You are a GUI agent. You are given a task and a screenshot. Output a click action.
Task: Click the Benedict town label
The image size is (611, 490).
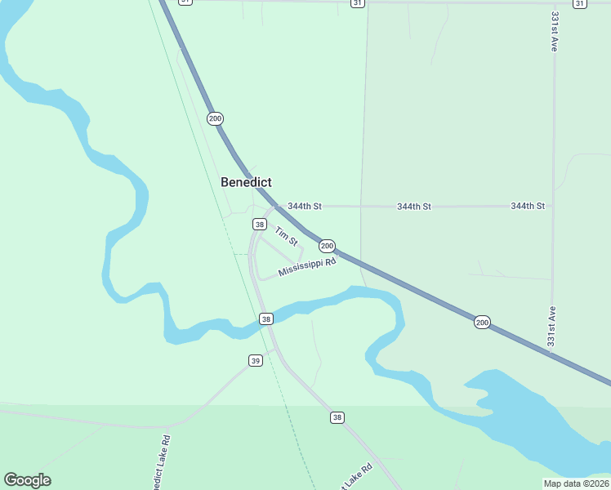pos(246,182)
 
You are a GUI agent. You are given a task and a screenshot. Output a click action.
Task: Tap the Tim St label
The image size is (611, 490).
pos(286,237)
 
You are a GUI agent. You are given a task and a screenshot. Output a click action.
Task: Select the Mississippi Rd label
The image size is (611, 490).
pos(307,267)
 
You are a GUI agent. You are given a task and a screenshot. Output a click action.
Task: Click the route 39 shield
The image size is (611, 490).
pos(256,360)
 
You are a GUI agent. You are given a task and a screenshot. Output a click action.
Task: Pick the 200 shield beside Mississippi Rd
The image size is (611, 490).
pos(327,246)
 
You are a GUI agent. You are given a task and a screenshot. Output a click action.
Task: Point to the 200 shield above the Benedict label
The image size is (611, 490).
pos(215,119)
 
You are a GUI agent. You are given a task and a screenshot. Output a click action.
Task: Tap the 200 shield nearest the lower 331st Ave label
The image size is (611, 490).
pos(482,323)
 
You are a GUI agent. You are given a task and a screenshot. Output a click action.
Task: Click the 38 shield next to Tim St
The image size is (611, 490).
pos(260,225)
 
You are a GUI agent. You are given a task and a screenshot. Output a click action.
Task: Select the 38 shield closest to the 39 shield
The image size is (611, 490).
pos(266,318)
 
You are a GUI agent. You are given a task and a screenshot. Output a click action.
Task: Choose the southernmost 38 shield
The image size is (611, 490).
pos(337,417)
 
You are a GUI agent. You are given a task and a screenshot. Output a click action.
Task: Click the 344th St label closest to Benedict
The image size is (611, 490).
pos(305,207)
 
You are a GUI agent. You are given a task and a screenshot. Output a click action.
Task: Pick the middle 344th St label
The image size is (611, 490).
pos(414,207)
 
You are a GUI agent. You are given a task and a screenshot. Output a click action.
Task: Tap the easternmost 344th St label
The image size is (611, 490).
pos(528,207)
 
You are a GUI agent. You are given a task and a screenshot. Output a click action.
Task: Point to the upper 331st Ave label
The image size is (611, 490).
pos(555,33)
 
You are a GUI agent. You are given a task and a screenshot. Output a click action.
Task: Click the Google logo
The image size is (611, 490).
pos(27,480)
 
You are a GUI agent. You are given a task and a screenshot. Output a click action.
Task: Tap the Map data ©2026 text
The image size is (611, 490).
pos(576,483)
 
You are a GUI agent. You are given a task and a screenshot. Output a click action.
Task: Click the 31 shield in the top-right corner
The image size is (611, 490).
pos(579,3)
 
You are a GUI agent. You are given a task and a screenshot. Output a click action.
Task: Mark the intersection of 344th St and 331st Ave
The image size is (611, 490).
pos(554,207)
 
